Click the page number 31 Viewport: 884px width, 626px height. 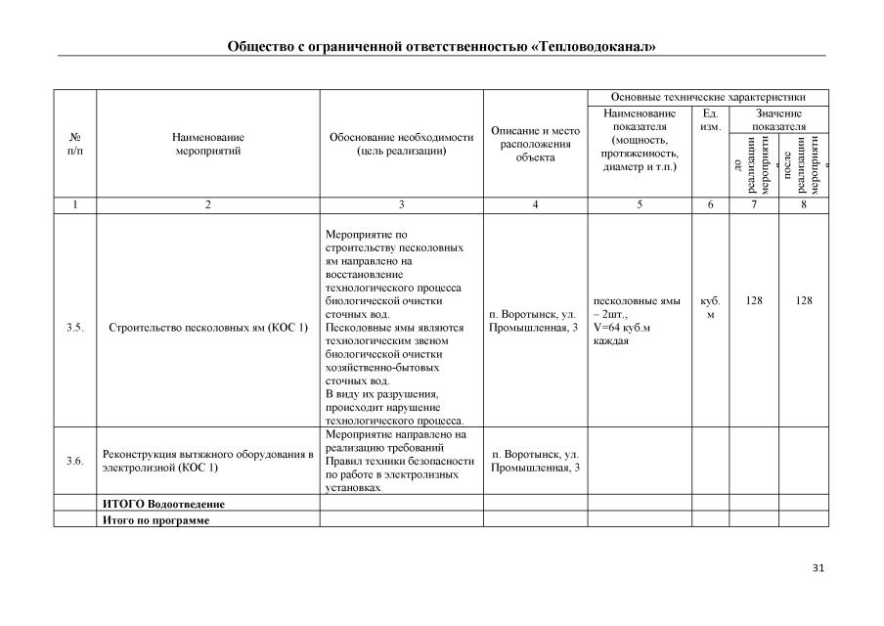pyautogui.click(x=818, y=568)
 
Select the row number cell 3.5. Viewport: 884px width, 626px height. pyautogui.click(x=74, y=328)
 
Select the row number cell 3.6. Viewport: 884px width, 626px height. pyautogui.click(x=74, y=461)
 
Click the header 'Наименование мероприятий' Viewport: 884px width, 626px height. pyautogui.click(x=207, y=145)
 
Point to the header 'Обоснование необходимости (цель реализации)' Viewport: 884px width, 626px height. pyautogui.click(x=401, y=145)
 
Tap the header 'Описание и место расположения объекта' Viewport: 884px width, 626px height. pyautogui.click(x=535, y=144)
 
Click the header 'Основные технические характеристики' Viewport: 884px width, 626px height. pyautogui.click(x=707, y=98)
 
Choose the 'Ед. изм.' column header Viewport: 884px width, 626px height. pyautogui.click(x=710, y=121)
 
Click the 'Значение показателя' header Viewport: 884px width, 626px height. pyautogui.click(x=778, y=121)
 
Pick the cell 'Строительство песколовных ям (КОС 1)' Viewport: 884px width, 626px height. pyautogui.click(x=207, y=328)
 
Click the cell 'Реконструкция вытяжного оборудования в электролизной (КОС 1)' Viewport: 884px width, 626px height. pyautogui.click(x=207, y=461)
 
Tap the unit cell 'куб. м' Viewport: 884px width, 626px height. pyautogui.click(x=710, y=308)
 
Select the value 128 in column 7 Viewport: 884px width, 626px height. pyautogui.click(x=754, y=301)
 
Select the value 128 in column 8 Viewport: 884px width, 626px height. pyautogui.click(x=804, y=301)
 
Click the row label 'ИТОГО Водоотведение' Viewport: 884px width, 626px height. pyautogui.click(x=163, y=504)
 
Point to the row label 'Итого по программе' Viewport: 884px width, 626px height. pyautogui.click(x=156, y=519)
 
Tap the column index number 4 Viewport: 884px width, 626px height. pyautogui.click(x=535, y=205)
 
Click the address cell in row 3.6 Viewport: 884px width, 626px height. pyautogui.click(x=535, y=461)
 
